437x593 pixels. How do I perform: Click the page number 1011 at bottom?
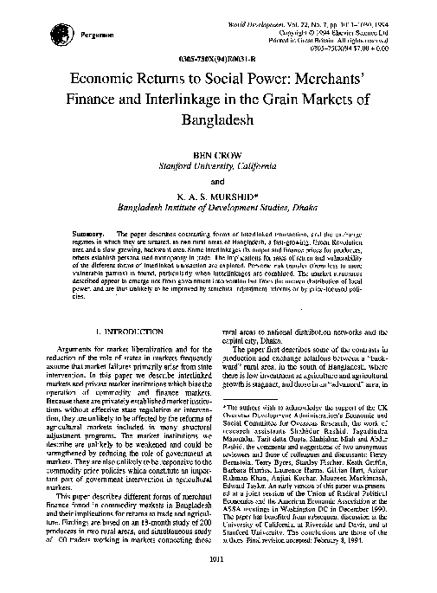(218, 564)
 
